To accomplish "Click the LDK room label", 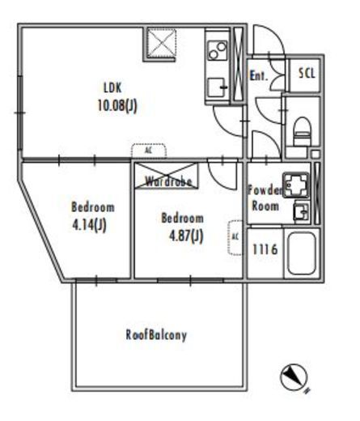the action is [112, 88].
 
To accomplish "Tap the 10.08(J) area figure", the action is [117, 105].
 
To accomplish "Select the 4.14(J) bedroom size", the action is [89, 225].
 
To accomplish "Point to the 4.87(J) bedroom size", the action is [186, 236].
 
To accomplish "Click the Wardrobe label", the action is [168, 181].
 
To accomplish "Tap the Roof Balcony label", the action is [156, 335].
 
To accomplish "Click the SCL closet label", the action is [307, 73].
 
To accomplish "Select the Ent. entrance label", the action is [259, 76].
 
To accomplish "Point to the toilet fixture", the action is [302, 131].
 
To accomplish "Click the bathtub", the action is [302, 253].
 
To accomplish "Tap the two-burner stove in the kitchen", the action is [218, 50].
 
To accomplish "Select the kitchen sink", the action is [217, 87].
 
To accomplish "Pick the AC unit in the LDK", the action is [149, 151].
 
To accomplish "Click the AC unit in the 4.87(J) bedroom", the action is [235, 237].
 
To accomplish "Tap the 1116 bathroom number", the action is [265, 249].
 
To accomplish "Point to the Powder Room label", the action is [265, 198].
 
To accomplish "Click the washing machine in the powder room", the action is [295, 185].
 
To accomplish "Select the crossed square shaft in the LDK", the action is [161, 44].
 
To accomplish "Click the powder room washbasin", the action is [302, 211].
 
